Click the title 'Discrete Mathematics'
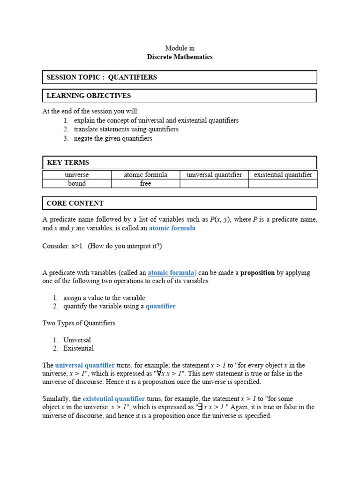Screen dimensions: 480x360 click(x=180, y=57)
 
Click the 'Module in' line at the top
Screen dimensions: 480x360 click(x=180, y=48)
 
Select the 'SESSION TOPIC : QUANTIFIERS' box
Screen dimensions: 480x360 click(x=180, y=77)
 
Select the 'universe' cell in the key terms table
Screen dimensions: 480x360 click(x=77, y=175)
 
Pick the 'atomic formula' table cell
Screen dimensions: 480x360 click(x=145, y=175)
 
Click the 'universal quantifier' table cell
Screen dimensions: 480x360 click(x=214, y=175)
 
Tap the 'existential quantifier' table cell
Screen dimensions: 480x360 click(x=283, y=175)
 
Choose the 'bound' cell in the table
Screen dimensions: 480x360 click(x=77, y=183)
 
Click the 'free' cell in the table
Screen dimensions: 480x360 click(x=145, y=183)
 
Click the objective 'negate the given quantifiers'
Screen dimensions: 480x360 click(x=113, y=138)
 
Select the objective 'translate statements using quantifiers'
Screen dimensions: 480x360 click(x=126, y=129)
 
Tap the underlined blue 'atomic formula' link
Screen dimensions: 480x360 click(x=172, y=272)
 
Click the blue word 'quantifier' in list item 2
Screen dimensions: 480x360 click(x=161, y=306)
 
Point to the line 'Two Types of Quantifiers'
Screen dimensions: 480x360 click(x=79, y=323)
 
